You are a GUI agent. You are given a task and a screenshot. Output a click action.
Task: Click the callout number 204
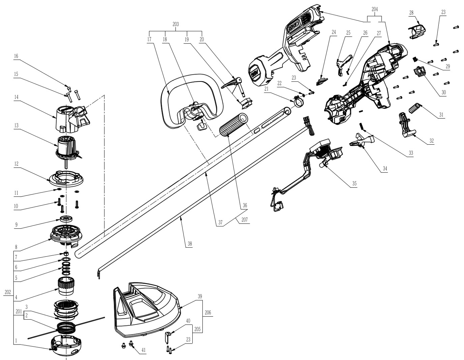375,9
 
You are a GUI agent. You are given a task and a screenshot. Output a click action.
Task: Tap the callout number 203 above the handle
176,24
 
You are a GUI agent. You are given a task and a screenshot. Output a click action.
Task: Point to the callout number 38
190,243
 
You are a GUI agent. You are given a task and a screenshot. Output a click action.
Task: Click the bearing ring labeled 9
67,219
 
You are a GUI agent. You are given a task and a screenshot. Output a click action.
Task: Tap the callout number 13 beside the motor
16,125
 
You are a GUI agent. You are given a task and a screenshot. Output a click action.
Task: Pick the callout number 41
143,350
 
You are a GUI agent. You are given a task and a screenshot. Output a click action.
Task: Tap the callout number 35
354,183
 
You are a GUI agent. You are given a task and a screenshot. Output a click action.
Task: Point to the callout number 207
244,219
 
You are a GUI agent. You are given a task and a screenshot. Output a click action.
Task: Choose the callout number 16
16,56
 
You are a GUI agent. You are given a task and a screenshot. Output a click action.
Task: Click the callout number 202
8,292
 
